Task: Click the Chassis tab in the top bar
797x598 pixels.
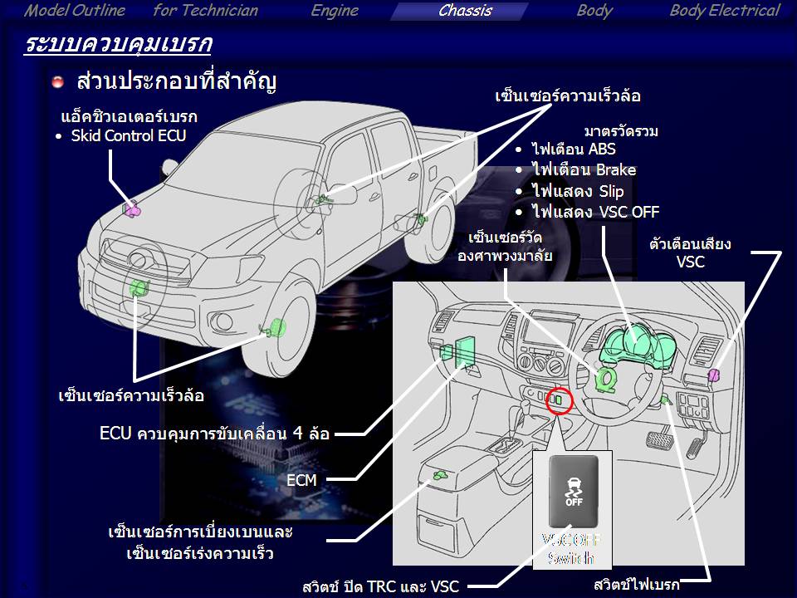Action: point(465,11)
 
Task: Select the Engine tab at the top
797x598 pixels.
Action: point(335,11)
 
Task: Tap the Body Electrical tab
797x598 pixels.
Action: point(724,11)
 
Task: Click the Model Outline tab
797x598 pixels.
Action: point(74,11)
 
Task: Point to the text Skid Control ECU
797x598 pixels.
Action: point(128,135)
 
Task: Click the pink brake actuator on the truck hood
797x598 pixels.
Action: point(131,209)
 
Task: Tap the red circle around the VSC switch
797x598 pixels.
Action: point(559,400)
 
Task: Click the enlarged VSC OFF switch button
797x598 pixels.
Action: point(574,491)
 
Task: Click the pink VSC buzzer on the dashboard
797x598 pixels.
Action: point(714,375)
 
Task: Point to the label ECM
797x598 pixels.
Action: point(301,480)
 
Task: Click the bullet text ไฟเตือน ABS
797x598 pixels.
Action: point(574,149)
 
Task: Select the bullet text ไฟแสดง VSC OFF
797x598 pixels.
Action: point(595,212)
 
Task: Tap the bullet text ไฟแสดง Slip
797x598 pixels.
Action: point(578,191)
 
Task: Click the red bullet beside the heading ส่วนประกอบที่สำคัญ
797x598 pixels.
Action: point(58,81)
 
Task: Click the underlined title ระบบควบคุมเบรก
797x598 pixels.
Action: point(117,44)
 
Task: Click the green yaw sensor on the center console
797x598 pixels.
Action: point(439,475)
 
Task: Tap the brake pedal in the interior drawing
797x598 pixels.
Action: point(659,439)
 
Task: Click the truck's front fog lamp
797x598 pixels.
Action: point(222,321)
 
